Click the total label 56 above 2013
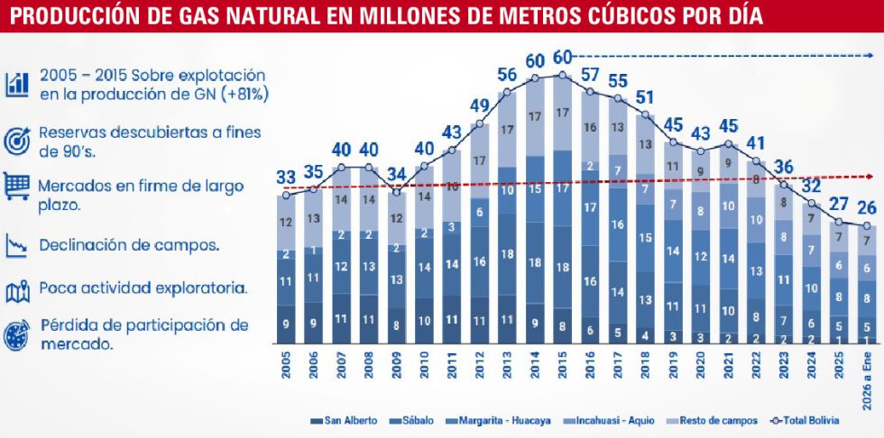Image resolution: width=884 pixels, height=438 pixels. [x=506, y=74]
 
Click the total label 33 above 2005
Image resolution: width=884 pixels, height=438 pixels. [x=288, y=177]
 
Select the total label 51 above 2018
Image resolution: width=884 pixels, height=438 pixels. [x=647, y=96]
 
